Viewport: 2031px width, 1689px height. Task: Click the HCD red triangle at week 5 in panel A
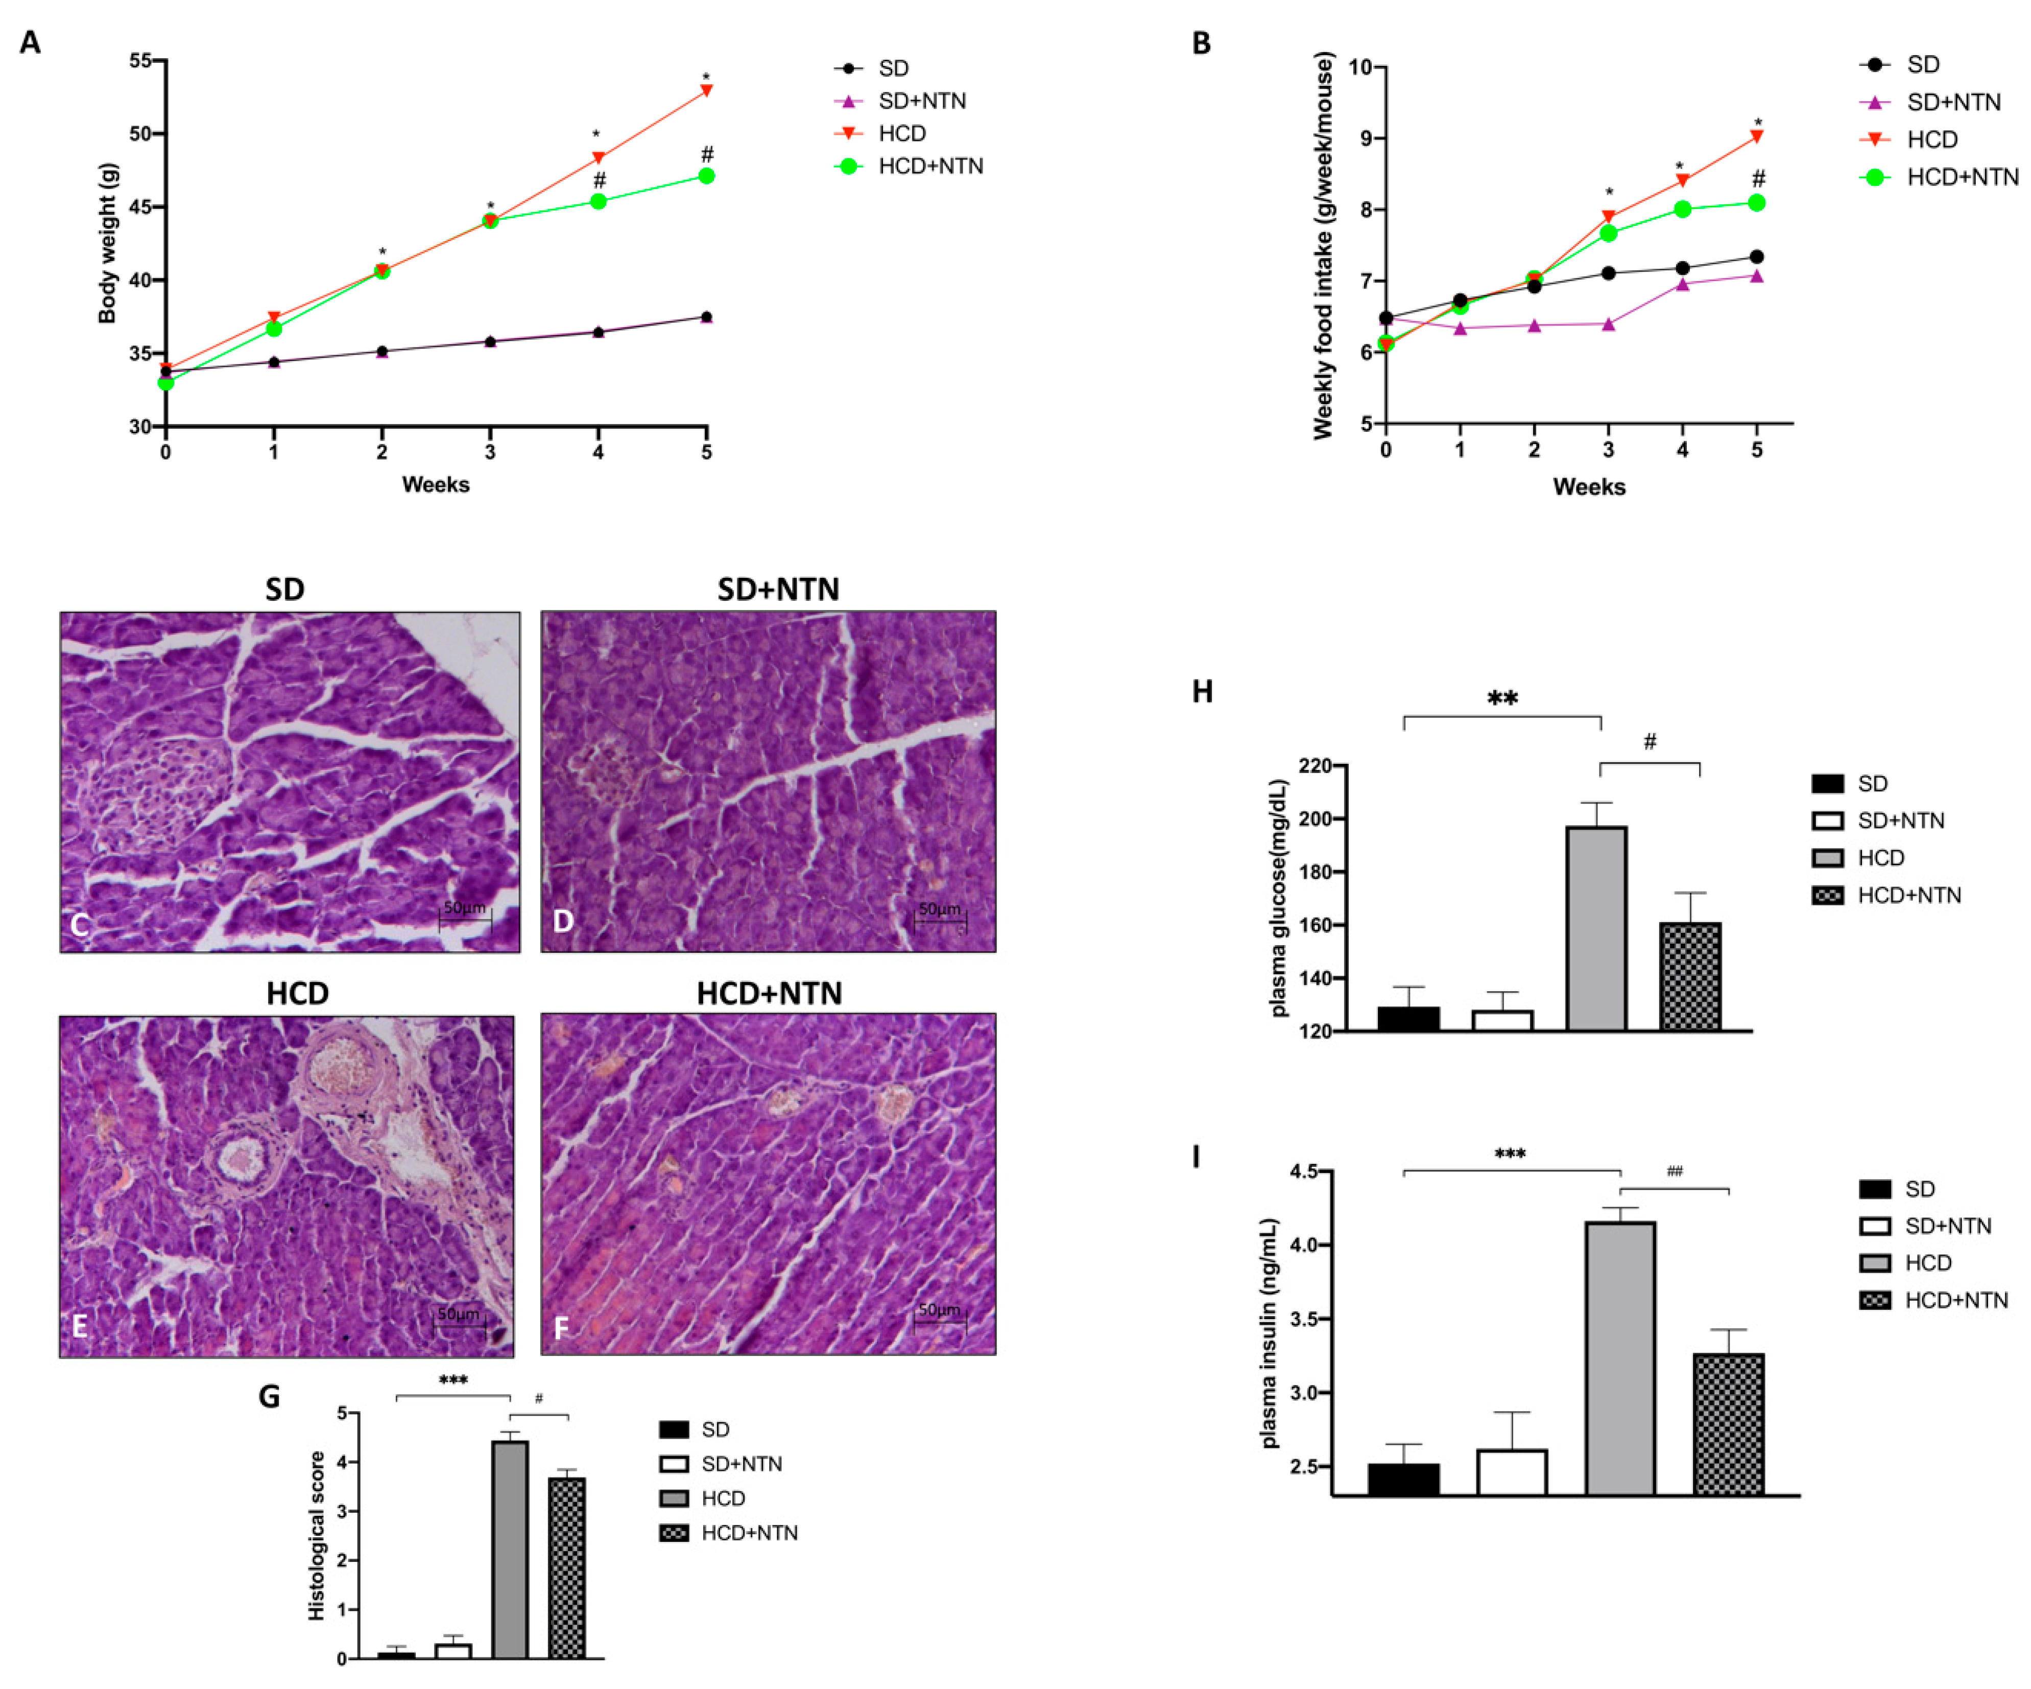(x=707, y=90)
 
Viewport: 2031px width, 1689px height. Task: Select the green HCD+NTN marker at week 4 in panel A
(x=599, y=201)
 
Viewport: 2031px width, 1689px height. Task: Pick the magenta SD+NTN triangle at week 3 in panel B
(x=1608, y=324)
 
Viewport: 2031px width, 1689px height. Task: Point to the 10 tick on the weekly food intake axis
(x=1361, y=67)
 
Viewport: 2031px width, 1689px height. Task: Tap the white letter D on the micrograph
(x=563, y=921)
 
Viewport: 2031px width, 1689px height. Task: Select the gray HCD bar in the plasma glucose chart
(x=1597, y=929)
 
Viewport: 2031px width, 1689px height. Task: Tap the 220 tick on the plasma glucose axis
(x=1316, y=765)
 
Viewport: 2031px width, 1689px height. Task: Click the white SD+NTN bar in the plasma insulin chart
(x=1512, y=1472)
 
